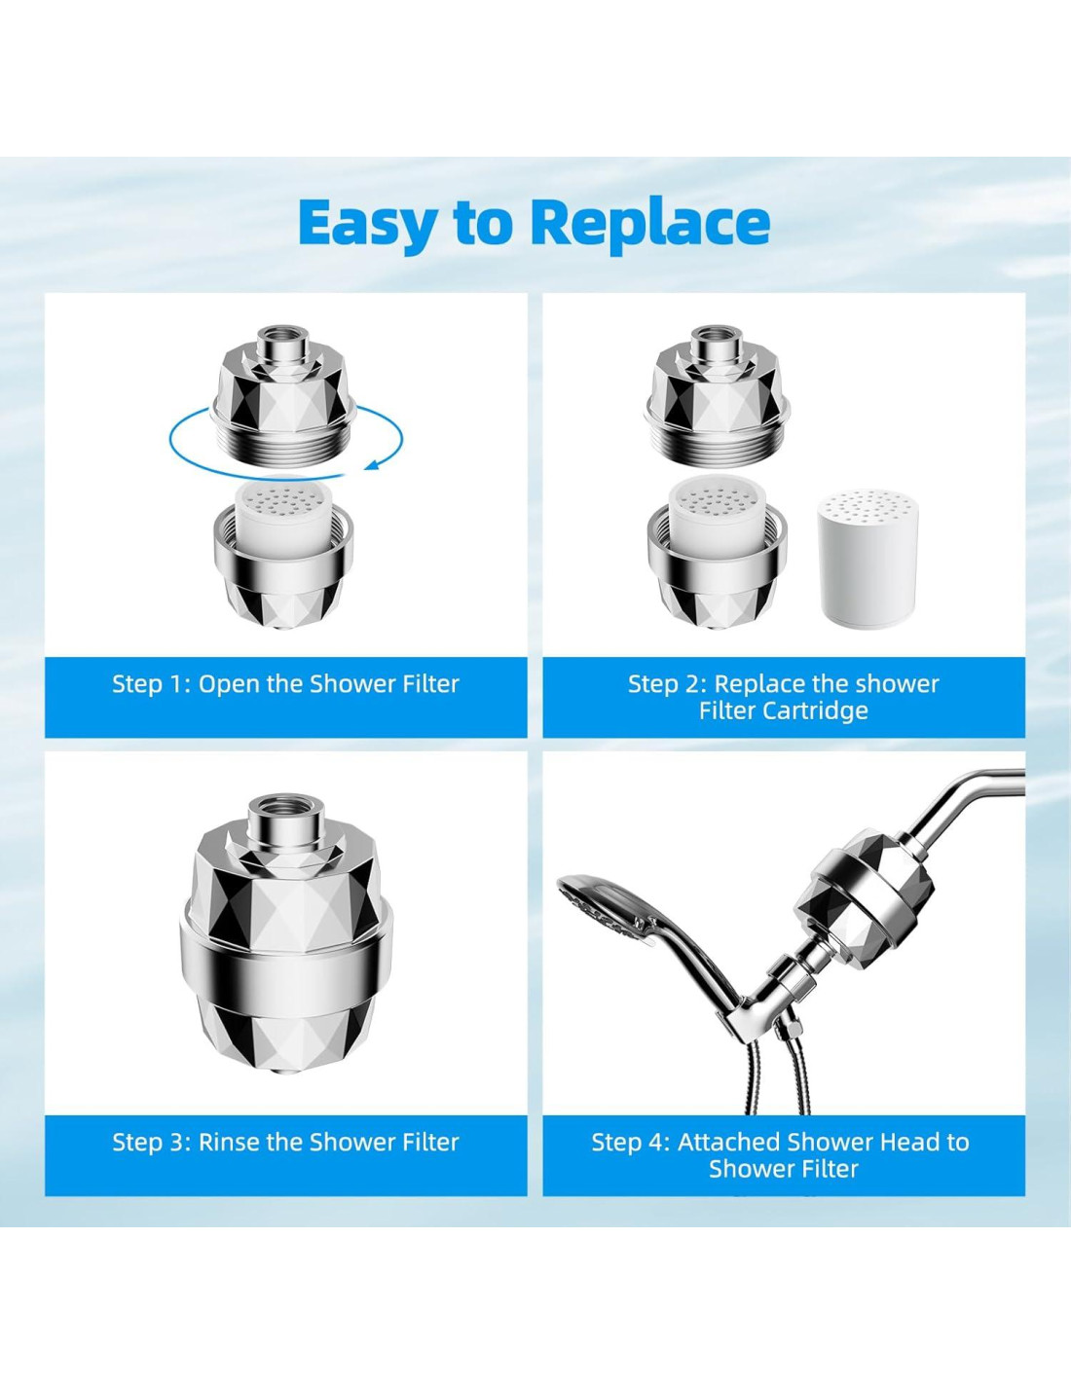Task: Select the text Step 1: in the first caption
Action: coord(152,684)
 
